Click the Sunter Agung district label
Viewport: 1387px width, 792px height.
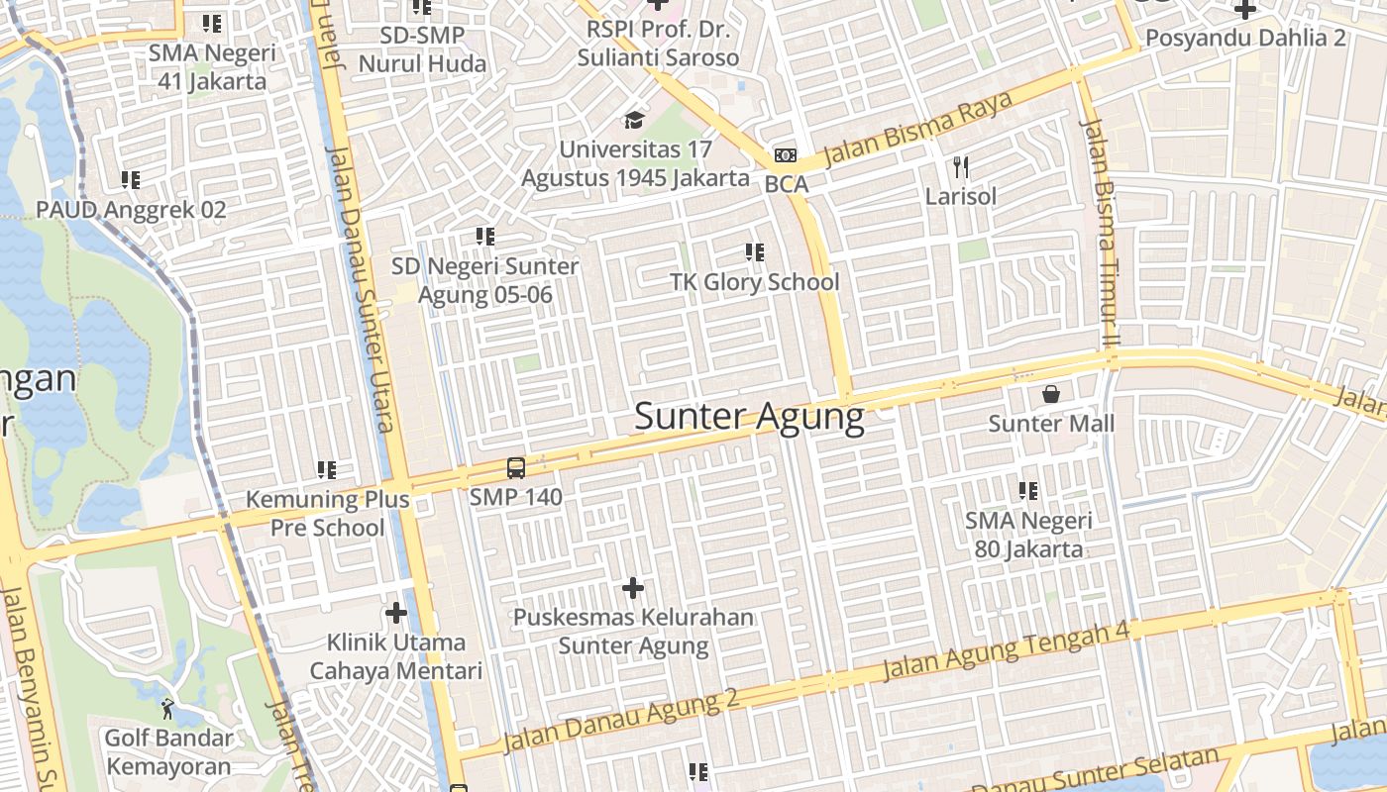tap(749, 417)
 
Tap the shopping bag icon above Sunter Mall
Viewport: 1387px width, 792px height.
tap(1051, 394)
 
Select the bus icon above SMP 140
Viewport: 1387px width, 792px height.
tap(515, 468)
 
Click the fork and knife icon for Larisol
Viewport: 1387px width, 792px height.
tap(960, 166)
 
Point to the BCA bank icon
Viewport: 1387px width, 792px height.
tap(786, 155)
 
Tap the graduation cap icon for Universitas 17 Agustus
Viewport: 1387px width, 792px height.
tap(634, 121)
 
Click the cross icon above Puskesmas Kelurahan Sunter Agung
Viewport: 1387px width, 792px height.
tap(633, 589)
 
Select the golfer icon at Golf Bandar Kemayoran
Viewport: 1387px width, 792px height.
tap(168, 709)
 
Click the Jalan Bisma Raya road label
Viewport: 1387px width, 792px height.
tap(918, 129)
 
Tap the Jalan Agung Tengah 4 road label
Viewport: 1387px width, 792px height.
tap(1006, 649)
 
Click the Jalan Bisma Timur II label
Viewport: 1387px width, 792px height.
tap(1100, 233)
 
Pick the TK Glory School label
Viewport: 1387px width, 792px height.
tap(755, 282)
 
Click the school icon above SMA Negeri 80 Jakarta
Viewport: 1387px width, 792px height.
tap(1028, 490)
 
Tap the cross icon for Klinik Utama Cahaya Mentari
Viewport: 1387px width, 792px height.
tap(396, 613)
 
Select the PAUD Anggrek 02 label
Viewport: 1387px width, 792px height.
tap(131, 210)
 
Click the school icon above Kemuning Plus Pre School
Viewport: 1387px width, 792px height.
tap(327, 469)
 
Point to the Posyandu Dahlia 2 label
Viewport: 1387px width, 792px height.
tap(1245, 38)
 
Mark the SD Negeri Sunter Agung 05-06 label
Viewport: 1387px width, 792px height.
tap(485, 281)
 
